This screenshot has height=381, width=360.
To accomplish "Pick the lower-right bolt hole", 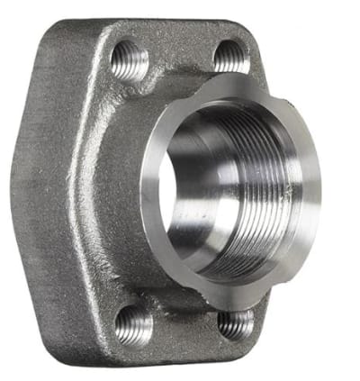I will tap(236, 322).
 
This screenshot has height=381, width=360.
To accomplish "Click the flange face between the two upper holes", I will tap(180, 54).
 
